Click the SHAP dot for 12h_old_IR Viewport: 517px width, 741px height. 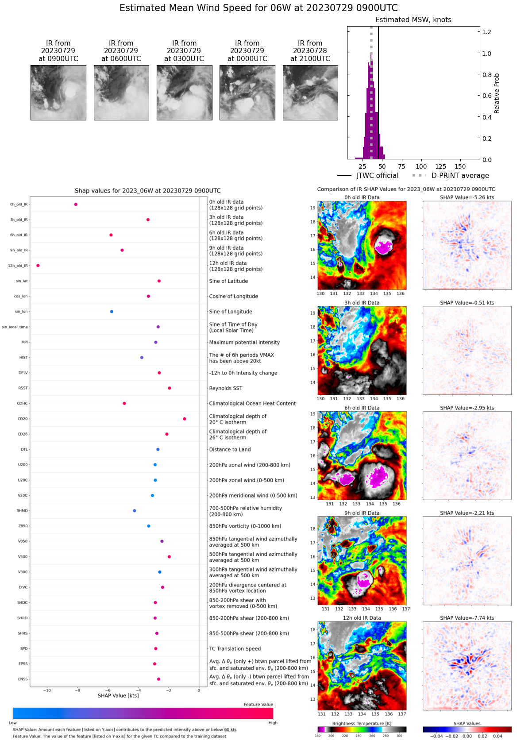(x=38, y=266)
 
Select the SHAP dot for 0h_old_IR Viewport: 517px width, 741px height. (x=76, y=205)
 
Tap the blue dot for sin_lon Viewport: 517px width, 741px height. (x=112, y=312)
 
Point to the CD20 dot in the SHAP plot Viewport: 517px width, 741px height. (x=185, y=419)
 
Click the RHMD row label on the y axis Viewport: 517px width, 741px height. (x=22, y=511)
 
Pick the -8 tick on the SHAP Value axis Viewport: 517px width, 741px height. (x=77, y=691)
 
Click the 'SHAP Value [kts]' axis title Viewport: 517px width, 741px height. (x=118, y=696)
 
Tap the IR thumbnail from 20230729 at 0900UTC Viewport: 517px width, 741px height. (x=58, y=93)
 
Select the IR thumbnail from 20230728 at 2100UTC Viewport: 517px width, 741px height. (x=310, y=93)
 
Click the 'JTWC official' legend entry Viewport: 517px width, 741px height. (x=377, y=176)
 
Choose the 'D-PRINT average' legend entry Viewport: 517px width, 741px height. (x=460, y=176)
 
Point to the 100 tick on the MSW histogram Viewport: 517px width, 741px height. (x=421, y=166)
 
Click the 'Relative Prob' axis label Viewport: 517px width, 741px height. (x=497, y=93)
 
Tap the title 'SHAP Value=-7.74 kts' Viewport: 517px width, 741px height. (x=467, y=618)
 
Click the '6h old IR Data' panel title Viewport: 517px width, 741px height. (x=362, y=408)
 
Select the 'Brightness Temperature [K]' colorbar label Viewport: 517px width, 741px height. (x=362, y=723)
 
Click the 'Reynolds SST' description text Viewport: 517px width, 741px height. (x=226, y=388)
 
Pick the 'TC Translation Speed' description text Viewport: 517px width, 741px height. (x=235, y=649)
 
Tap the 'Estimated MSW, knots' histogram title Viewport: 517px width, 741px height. (x=413, y=20)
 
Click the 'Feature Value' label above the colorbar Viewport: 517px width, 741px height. (x=258, y=705)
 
